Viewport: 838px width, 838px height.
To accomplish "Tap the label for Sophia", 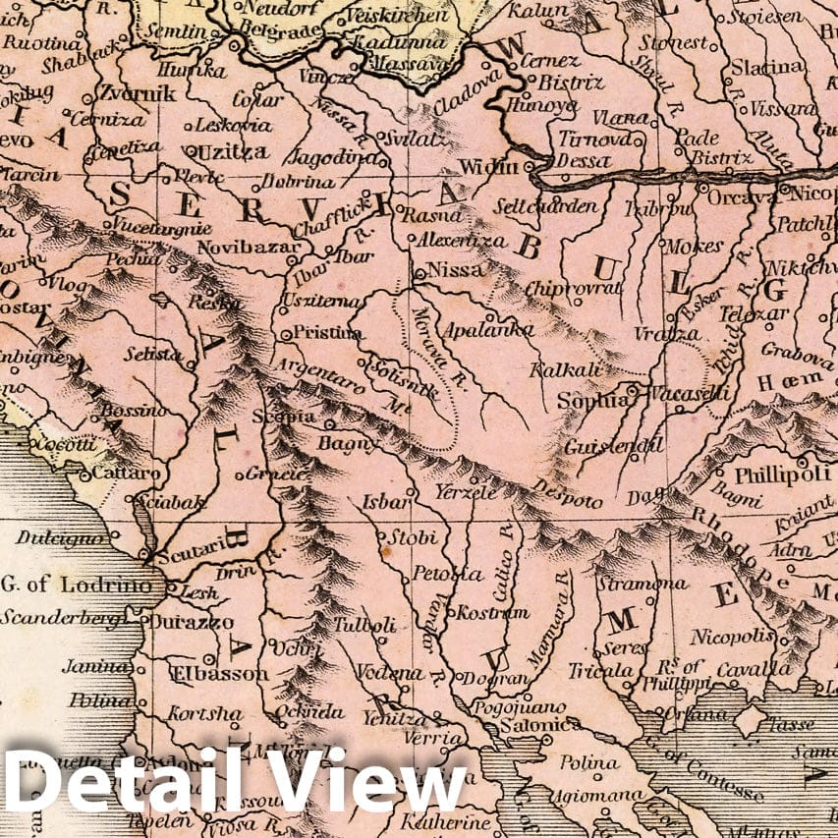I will pos(591,401).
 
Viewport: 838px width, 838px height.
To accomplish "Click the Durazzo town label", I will pos(193,622).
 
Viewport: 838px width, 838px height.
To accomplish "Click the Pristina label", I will pos(328,333).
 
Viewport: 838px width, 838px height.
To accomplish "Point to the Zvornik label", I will pos(137,94).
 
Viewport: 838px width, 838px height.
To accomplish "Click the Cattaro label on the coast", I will pos(126,474).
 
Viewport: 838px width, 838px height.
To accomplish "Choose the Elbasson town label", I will pos(219,674).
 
